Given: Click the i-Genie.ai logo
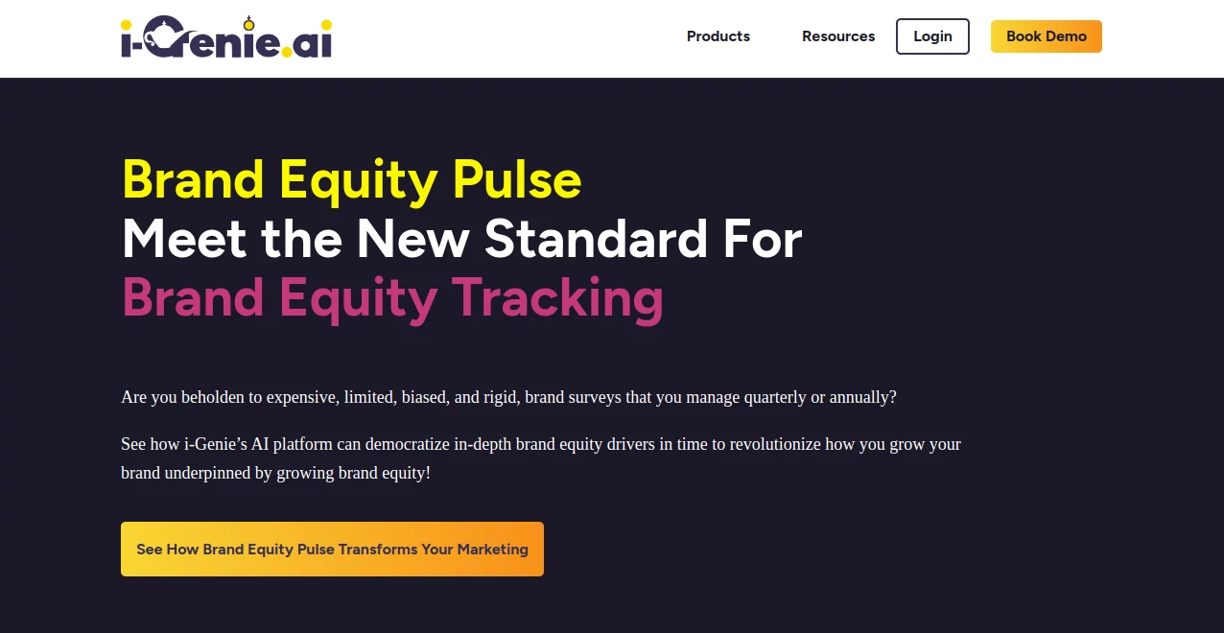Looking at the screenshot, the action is click(226, 37).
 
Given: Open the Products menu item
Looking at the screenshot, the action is click(718, 36).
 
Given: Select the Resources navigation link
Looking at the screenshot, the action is click(838, 36).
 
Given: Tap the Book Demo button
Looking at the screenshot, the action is click(1046, 36).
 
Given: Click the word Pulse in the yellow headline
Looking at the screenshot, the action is click(516, 179).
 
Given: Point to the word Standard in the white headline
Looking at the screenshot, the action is click(596, 239).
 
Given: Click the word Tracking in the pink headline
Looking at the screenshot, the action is click(557, 298).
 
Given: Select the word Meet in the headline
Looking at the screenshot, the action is click(183, 239).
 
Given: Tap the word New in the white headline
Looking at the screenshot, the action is click(413, 239).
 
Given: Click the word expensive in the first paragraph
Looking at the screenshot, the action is click(302, 397).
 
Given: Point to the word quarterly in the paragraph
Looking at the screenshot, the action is click(775, 397).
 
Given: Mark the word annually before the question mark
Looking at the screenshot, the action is click(859, 397).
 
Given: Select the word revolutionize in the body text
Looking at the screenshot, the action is click(775, 444).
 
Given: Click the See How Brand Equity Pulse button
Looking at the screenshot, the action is click(332, 549).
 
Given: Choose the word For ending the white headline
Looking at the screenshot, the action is click(763, 239).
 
